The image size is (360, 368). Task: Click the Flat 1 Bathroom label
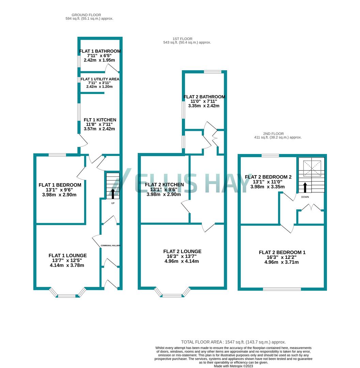pos(100,51)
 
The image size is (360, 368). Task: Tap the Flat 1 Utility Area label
pos(100,79)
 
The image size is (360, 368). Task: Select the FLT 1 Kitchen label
pos(100,120)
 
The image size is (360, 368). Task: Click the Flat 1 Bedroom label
pos(59,185)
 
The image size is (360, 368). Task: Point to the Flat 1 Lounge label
pos(67,256)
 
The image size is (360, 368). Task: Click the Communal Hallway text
pos(111,246)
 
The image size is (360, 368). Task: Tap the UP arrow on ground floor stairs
pos(113,193)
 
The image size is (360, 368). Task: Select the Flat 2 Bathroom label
pos(204,97)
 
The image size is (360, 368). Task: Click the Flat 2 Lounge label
pos(182,251)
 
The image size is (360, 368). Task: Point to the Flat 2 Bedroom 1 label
pos(282,252)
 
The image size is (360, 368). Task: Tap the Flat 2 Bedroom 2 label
pos(268,177)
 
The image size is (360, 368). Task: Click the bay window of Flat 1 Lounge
pos(67,295)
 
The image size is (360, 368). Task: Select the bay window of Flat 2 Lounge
pos(172,295)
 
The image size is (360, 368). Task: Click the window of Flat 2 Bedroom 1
pos(282,289)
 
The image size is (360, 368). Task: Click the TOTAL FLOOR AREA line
pos(233,342)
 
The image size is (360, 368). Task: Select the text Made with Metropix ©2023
pos(233,366)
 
